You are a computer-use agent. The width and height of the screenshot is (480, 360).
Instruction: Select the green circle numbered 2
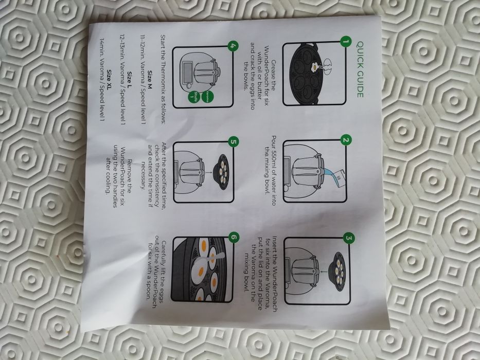[x=346, y=140]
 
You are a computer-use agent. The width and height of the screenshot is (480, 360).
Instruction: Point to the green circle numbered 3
[x=349, y=238]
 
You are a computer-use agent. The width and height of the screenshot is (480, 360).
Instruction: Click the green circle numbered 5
[x=234, y=142]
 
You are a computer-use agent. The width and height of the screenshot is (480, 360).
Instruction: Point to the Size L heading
[x=130, y=79]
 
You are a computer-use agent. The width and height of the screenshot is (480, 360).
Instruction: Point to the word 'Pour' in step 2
[x=274, y=142]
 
